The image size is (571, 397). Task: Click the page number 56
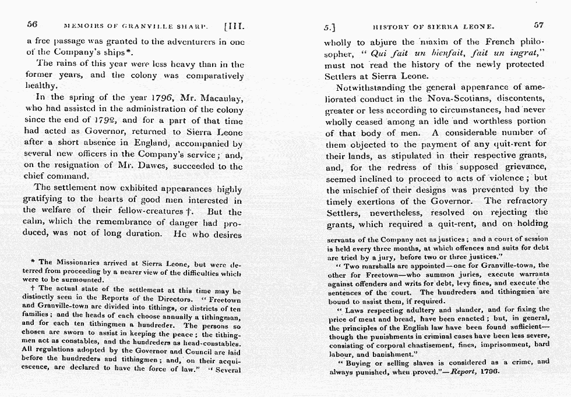pos(32,25)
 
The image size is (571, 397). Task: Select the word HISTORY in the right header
pos(393,26)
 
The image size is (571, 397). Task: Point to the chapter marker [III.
pos(235,26)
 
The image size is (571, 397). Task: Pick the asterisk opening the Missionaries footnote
pos(34,262)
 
